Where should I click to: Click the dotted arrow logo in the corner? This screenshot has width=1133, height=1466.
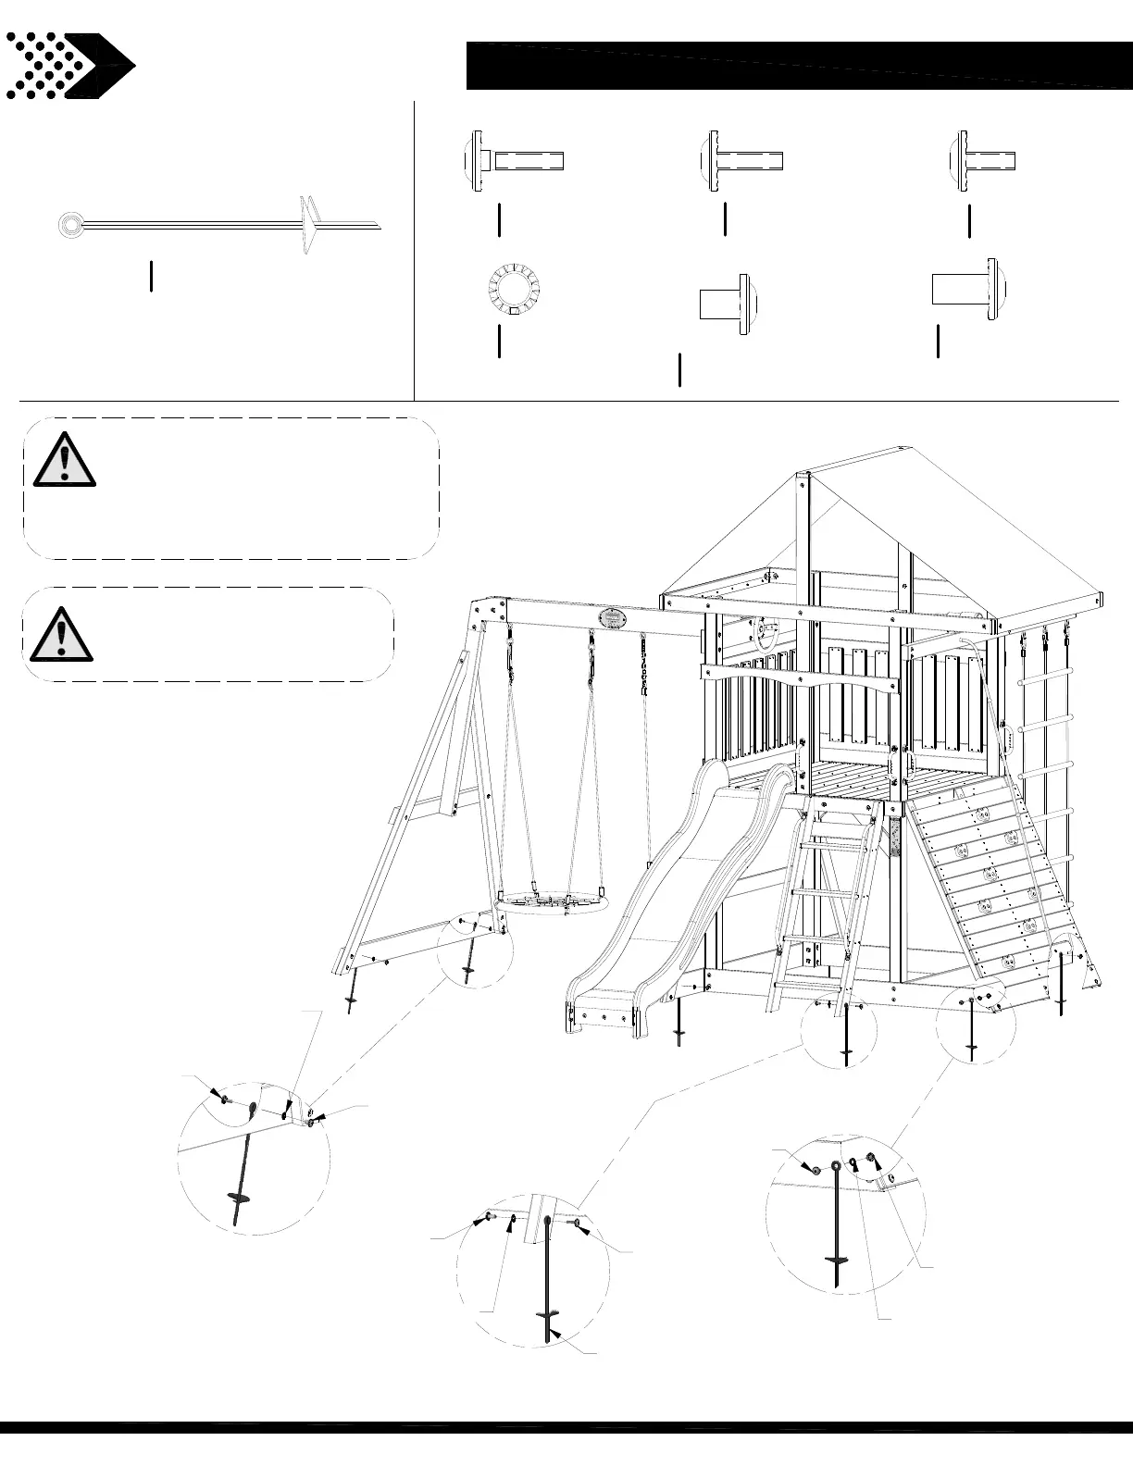pyautogui.click(x=69, y=66)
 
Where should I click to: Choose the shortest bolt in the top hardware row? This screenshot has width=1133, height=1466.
pyautogui.click(x=983, y=160)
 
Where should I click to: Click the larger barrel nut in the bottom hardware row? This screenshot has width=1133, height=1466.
pyautogui.click(x=967, y=289)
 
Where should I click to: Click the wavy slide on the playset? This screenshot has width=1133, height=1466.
pyautogui.click(x=666, y=898)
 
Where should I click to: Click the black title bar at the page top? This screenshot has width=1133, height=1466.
pyautogui.click(x=796, y=65)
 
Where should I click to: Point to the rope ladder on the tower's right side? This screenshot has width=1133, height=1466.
pyautogui.click(x=1046, y=740)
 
